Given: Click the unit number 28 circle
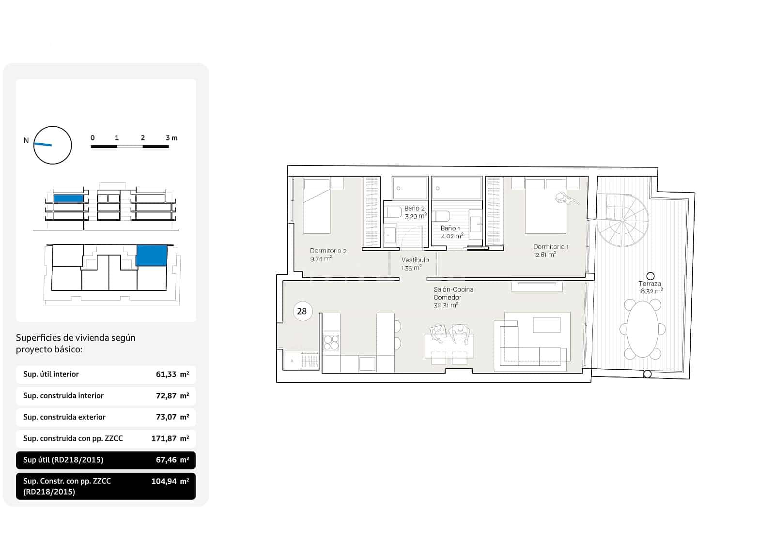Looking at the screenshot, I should click(302, 311).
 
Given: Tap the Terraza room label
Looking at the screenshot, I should click(650, 284).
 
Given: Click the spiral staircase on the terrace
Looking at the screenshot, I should click(622, 221).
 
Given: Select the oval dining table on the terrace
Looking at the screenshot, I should click(643, 329).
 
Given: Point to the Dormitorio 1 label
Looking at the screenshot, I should click(551, 247).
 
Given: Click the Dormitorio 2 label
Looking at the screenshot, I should click(328, 251).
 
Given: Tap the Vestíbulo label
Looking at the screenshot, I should click(415, 260).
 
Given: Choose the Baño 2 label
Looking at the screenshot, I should click(415, 208).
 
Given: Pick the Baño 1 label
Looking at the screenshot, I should click(450, 228).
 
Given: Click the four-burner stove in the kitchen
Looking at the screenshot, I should click(331, 343).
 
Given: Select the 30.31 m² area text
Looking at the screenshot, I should click(446, 305).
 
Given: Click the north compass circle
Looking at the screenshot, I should click(53, 145).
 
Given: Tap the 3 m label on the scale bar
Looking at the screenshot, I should click(171, 138).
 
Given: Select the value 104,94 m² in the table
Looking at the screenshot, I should click(170, 481).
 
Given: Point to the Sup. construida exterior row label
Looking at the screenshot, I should click(64, 417).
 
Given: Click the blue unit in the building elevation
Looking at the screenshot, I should click(68, 198).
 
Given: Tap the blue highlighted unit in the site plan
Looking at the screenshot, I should click(151, 255).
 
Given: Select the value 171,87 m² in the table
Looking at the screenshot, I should click(170, 438).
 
